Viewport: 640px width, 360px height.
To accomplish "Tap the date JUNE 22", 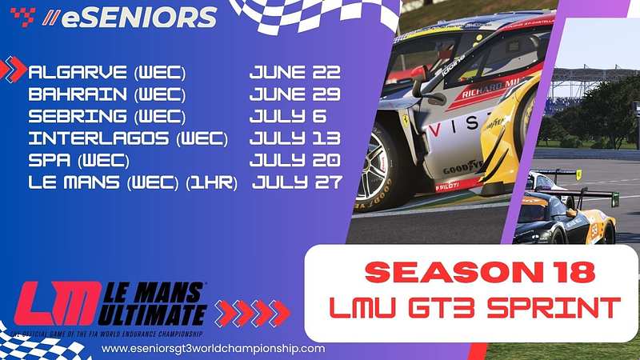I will [x=294, y=73].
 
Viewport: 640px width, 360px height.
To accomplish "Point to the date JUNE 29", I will [x=294, y=94].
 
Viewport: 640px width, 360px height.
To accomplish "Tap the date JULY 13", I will [x=294, y=138].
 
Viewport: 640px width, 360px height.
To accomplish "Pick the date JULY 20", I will [x=294, y=159].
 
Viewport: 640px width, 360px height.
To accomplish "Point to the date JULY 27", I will [x=298, y=182].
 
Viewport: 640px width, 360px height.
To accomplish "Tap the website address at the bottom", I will [x=214, y=349].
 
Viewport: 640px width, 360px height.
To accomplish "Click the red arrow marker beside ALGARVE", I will [x=14, y=70].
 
